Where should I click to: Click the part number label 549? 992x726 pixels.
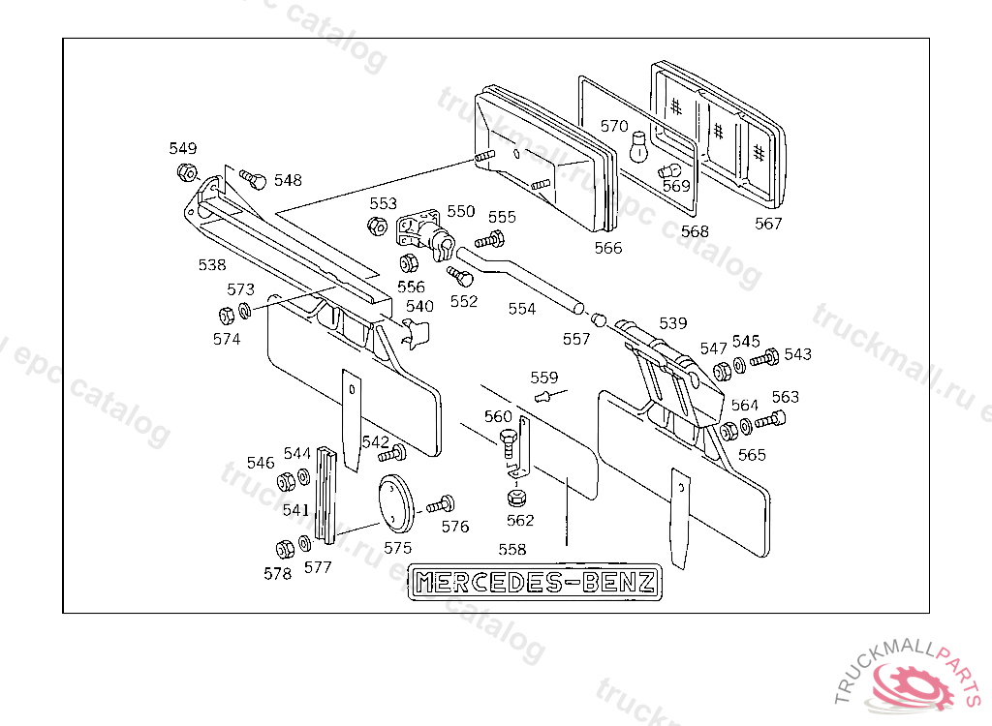[x=182, y=148]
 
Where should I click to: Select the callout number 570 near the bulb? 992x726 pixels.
[x=614, y=126]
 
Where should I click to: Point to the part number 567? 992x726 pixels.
[x=768, y=224]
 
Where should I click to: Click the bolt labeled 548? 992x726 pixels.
[x=253, y=178]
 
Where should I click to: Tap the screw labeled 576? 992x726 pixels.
[x=440, y=504]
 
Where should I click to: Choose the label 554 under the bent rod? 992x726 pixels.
[x=521, y=309]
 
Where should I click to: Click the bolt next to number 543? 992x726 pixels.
[x=764, y=358]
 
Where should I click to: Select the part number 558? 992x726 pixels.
[x=511, y=550]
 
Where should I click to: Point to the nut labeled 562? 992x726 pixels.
[x=517, y=499]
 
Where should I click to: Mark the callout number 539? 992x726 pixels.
[x=672, y=322]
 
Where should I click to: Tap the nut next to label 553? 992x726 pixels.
[x=378, y=227]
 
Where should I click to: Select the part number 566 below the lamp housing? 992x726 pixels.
[x=607, y=248]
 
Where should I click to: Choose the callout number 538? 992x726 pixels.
[x=211, y=264]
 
